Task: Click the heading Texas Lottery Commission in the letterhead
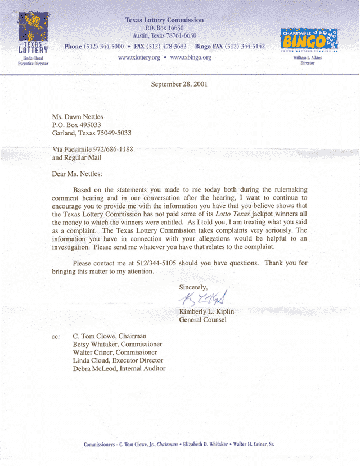pos(164,20)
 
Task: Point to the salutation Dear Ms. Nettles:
pos(77,174)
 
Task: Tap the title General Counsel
pos(202,320)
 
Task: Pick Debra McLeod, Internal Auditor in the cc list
pos(119,368)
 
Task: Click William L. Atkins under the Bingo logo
pos(307,58)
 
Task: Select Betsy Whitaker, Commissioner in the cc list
pos(118,344)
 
